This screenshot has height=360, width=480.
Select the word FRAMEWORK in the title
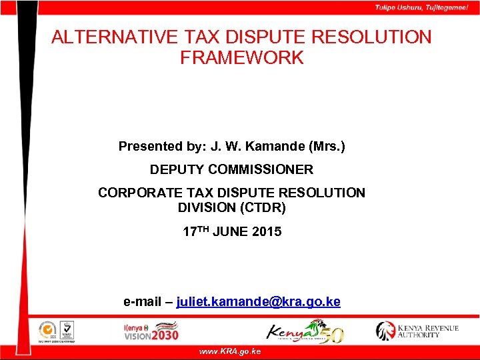(x=241, y=58)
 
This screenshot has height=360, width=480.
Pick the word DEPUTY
(x=175, y=170)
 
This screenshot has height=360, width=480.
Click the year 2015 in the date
(x=267, y=232)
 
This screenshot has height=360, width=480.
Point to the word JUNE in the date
(x=231, y=232)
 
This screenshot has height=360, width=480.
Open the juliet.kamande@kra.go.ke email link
(x=258, y=302)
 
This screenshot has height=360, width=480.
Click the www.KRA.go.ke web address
(x=230, y=351)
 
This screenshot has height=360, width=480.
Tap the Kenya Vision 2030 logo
(x=151, y=331)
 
